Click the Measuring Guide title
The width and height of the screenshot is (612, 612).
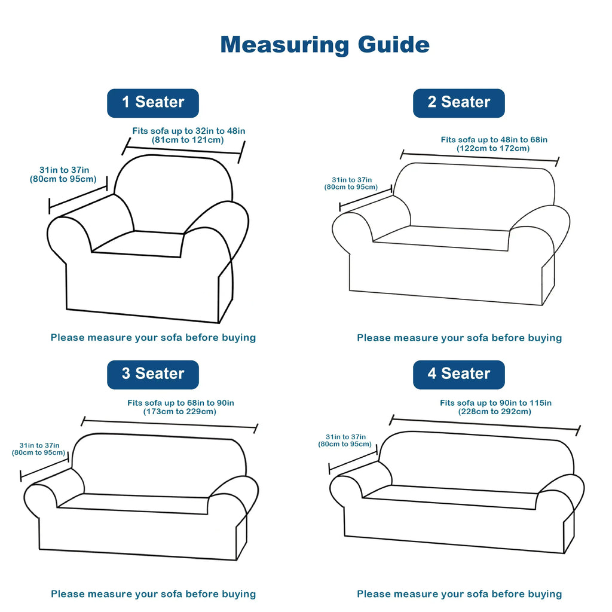point(325,45)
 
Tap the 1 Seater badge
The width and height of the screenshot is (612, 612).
point(153,103)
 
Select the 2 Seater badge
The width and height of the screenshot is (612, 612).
point(459,103)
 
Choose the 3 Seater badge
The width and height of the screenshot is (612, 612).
point(153,375)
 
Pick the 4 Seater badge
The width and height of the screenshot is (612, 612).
point(459,375)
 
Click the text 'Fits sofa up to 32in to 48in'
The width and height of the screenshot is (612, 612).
point(188,131)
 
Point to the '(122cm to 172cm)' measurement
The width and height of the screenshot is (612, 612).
point(493,148)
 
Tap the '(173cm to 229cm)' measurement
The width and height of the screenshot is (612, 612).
point(179,411)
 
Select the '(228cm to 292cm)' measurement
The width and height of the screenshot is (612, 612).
point(494,411)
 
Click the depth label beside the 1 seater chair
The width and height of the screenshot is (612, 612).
point(63,175)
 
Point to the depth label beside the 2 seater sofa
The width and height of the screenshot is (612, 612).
point(351,183)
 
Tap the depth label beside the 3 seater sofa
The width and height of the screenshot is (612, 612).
point(38,449)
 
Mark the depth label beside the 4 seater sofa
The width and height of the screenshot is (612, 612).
point(345,440)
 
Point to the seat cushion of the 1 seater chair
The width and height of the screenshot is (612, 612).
point(137,244)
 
